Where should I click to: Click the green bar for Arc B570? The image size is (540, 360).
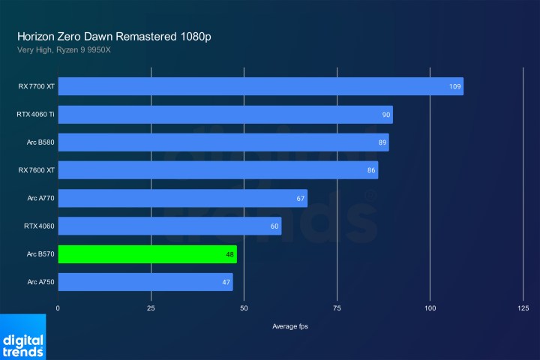point(147,254)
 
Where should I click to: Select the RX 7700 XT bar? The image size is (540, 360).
point(260,86)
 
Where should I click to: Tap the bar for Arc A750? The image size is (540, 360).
point(145,282)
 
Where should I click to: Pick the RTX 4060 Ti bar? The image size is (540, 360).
point(225,115)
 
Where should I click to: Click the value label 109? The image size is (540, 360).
point(454,87)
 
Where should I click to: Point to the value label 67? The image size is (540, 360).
point(301,199)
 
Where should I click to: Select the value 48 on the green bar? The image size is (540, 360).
point(230,255)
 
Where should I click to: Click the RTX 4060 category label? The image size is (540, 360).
point(39,226)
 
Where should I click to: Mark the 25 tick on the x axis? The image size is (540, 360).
point(151,308)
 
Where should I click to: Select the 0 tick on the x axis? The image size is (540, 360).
point(58,308)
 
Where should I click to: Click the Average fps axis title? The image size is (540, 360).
point(290,326)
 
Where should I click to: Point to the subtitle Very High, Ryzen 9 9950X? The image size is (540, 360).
point(68,50)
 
